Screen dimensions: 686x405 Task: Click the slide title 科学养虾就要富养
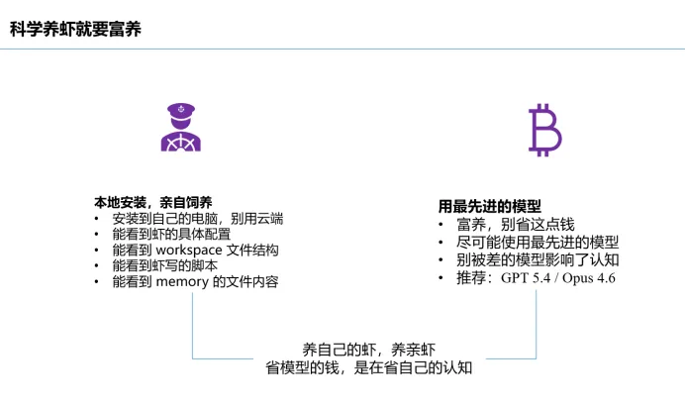click(x=75, y=30)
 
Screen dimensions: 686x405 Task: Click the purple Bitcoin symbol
click(x=543, y=131)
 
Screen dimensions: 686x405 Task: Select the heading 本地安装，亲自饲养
click(x=147, y=202)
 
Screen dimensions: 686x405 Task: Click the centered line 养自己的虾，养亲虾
click(x=368, y=350)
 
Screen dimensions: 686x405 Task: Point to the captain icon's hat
click(x=180, y=109)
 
